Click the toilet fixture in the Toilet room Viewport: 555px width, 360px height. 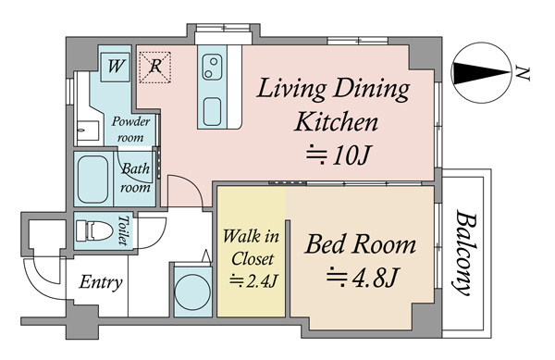click(93, 230)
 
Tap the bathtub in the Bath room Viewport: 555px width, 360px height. click(92, 180)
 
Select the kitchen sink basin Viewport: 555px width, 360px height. click(213, 112)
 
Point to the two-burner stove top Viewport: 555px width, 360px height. click(212, 68)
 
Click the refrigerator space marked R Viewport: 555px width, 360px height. click(155, 68)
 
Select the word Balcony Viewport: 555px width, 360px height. click(465, 253)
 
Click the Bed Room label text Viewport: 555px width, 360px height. click(360, 245)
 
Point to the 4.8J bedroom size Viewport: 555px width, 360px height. click(364, 277)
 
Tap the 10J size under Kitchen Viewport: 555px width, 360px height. click(339, 155)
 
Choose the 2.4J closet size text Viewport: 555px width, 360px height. click(253, 281)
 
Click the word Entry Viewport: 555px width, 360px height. click(101, 282)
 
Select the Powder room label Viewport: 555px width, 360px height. click(130, 129)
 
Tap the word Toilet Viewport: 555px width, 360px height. click(123, 230)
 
